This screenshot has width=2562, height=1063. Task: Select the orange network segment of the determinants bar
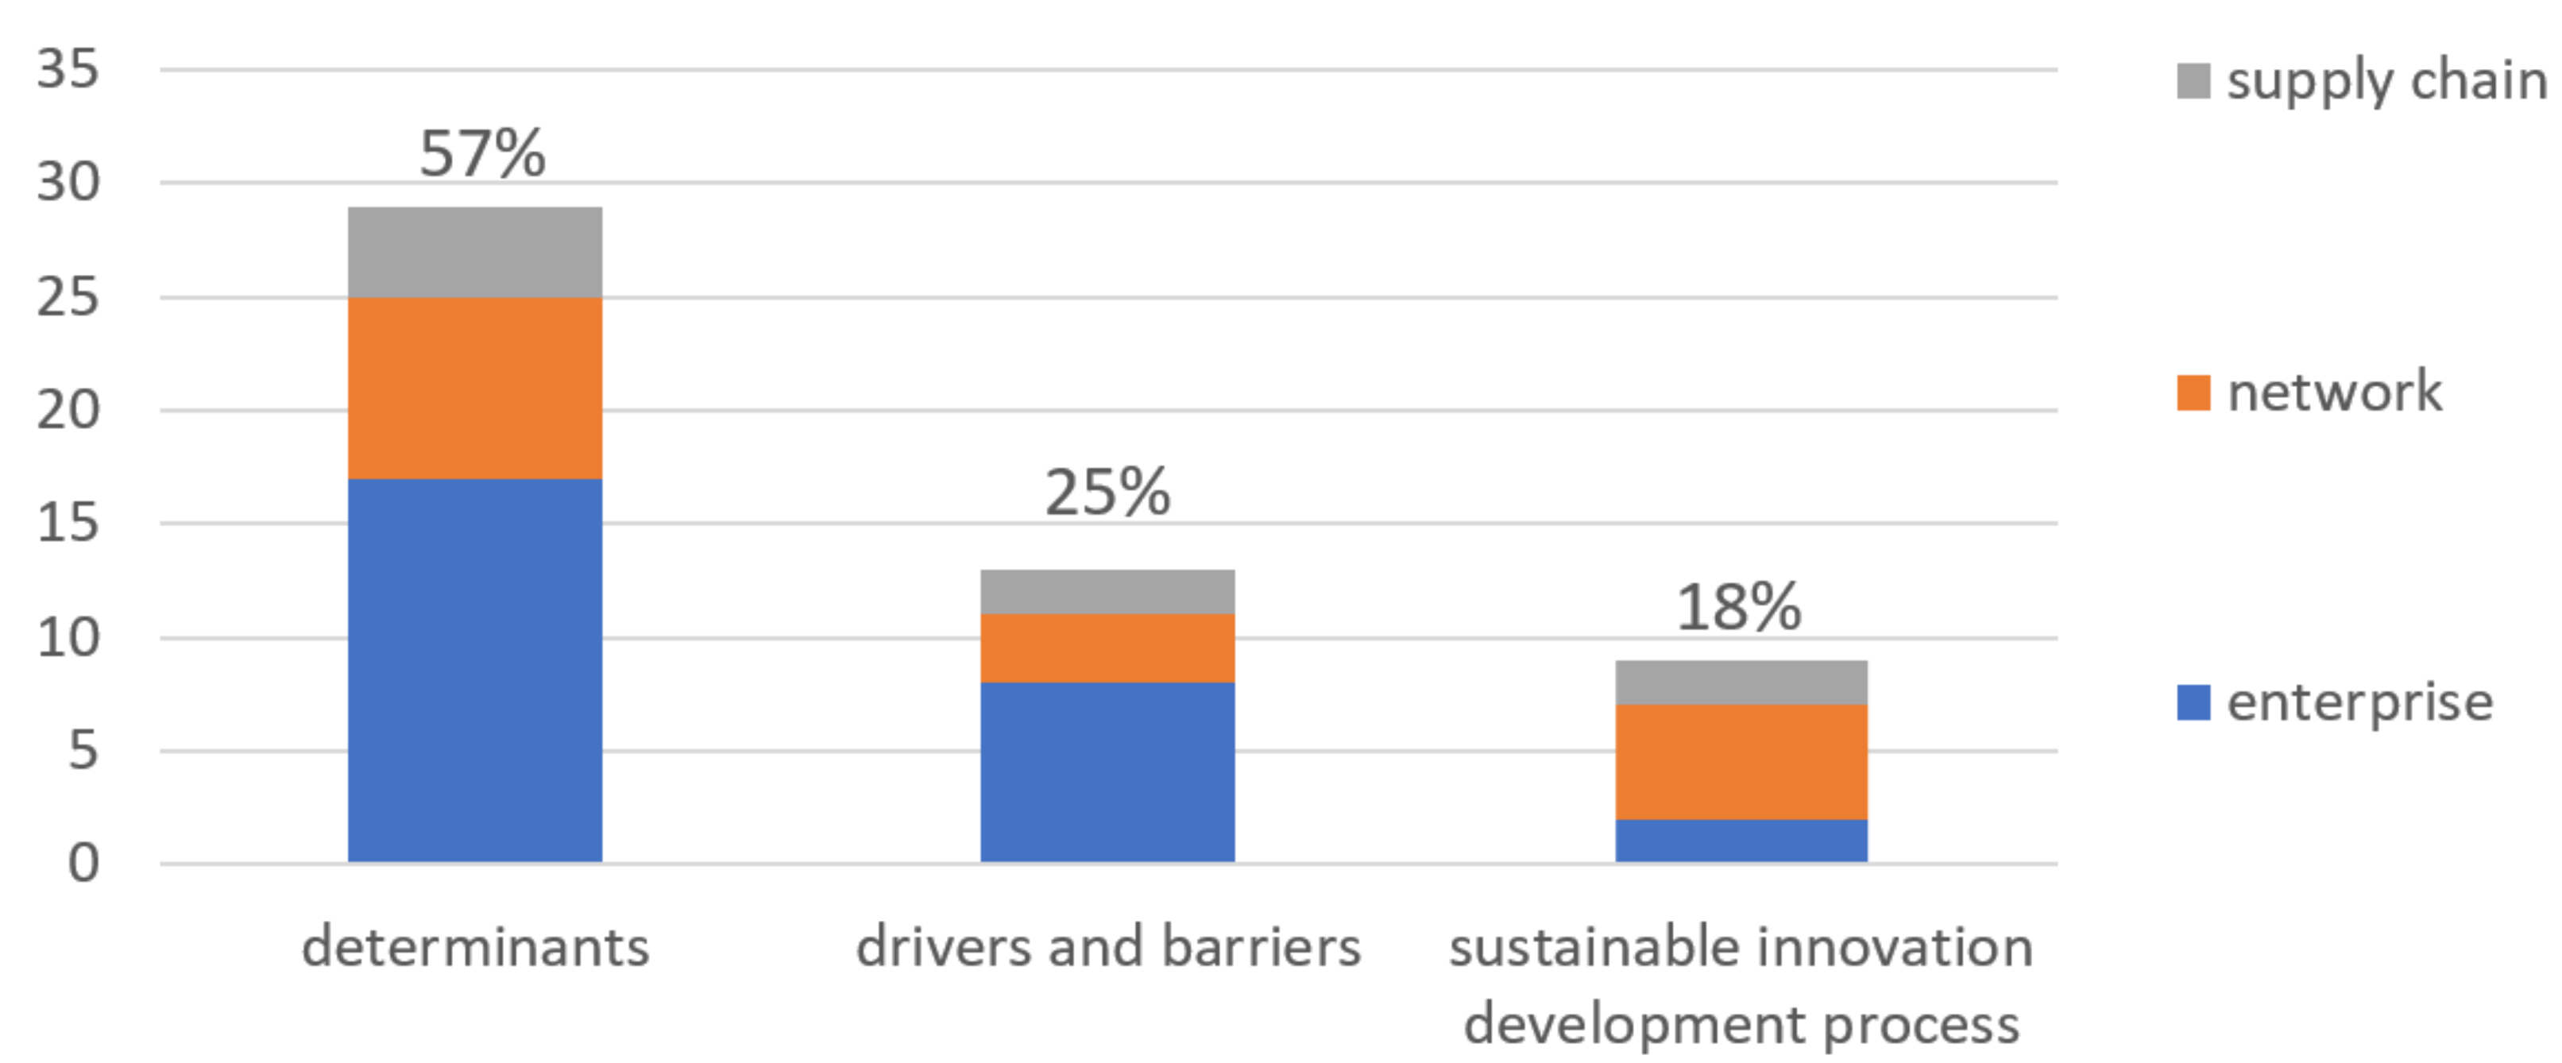(474, 388)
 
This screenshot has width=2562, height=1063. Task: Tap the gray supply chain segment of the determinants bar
(474, 253)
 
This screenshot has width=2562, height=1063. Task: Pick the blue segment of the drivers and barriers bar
(1107, 771)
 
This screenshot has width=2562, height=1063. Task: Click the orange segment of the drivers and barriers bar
(1107, 647)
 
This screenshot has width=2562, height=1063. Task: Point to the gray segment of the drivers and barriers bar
(1107, 592)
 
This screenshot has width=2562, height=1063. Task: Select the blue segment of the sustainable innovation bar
(1741, 841)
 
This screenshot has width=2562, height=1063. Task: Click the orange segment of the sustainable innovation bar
(1741, 762)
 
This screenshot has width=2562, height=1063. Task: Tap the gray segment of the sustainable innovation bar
(1741, 682)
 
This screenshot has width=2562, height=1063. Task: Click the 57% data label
(482, 154)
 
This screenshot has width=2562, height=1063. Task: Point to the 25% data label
(1107, 493)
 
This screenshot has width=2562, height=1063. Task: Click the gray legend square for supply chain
(2193, 80)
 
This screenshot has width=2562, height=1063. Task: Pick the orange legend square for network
(2193, 392)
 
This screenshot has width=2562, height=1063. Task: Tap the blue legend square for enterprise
(2193, 702)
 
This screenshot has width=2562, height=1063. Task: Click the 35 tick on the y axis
(68, 70)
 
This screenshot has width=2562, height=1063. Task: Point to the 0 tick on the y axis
(83, 863)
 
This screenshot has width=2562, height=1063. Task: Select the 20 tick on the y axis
(68, 410)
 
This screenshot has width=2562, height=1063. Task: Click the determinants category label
(474, 945)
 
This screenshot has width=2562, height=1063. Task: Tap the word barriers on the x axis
(1261, 945)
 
